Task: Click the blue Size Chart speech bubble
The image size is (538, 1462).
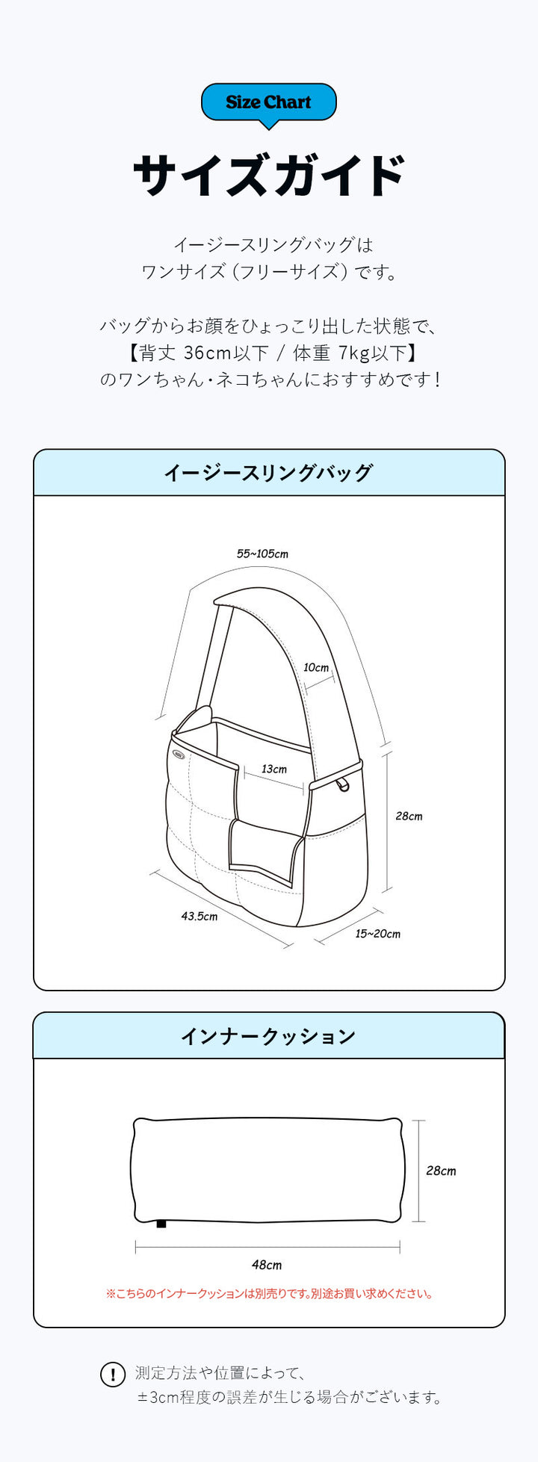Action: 269,103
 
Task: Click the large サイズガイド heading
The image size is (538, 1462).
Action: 269,176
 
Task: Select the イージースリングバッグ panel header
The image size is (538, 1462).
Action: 269,473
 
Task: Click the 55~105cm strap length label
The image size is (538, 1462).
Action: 262,554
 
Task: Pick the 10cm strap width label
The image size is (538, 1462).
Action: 316,668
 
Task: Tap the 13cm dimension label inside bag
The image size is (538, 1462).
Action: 274,769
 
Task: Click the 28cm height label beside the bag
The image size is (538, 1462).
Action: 409,817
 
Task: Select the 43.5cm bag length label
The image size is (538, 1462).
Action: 200,917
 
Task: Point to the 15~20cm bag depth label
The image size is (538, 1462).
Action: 377,934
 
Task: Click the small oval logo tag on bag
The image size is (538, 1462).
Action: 179,754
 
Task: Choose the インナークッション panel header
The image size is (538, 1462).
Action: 269,1036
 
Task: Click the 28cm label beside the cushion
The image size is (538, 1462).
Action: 441,1171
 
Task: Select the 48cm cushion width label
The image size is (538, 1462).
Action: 267,1265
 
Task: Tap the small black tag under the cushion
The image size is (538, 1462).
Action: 161,1224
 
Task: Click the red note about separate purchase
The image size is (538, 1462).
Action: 269,1294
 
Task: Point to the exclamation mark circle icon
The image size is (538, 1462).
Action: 113,1375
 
